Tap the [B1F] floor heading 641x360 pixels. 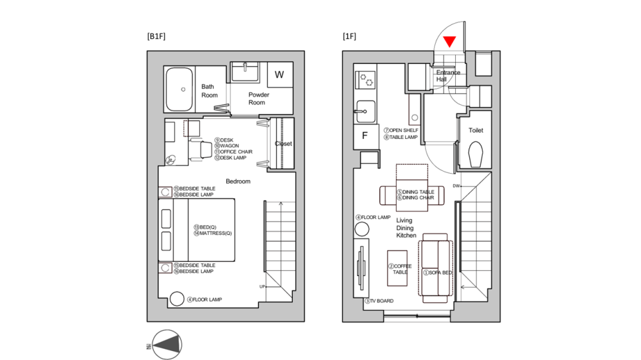click(x=156, y=37)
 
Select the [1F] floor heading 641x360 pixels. click(x=349, y=37)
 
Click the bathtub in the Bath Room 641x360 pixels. click(x=180, y=90)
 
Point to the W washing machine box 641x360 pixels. click(x=279, y=75)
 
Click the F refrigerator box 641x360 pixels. click(x=365, y=136)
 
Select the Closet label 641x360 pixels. click(x=283, y=143)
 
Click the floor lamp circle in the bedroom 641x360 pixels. click(x=176, y=299)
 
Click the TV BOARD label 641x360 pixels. click(x=379, y=300)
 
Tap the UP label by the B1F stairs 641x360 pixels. click(x=262, y=286)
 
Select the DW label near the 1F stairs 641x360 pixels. click(x=456, y=186)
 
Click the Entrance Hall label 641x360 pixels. click(x=448, y=76)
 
